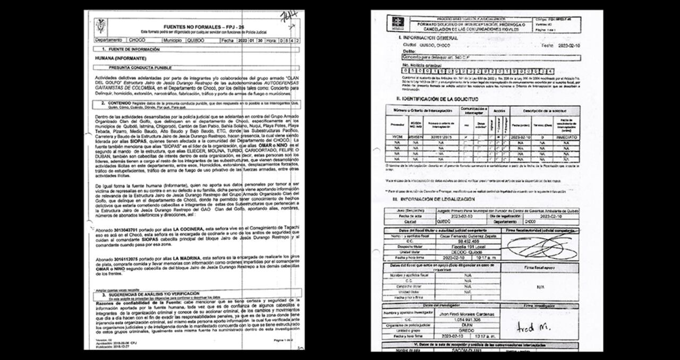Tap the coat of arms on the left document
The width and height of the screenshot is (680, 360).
coord(100,27)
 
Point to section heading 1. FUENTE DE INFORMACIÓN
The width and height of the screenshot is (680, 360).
coord(131,49)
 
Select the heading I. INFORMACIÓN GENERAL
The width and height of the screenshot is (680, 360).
coord(428,38)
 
